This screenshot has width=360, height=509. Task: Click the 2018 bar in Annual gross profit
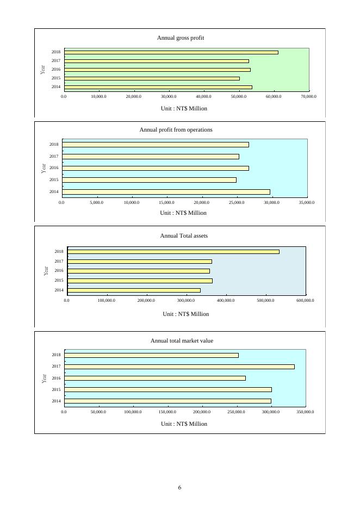(171, 52)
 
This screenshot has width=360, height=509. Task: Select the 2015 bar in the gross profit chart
(152, 78)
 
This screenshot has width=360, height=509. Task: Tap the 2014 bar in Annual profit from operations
(166, 191)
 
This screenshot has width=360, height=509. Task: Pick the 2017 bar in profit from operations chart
(151, 157)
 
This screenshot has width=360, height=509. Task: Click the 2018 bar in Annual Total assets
(173, 251)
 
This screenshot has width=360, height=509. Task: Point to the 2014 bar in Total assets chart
(134, 290)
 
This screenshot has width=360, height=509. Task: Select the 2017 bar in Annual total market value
(179, 367)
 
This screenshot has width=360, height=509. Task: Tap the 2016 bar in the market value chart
(155, 378)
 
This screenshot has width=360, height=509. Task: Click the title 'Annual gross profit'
(180, 38)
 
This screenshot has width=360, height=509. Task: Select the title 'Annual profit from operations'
(176, 130)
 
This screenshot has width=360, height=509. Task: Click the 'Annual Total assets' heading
(184, 236)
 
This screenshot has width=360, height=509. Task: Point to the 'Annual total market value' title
(182, 341)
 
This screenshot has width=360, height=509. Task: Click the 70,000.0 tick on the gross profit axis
(308, 96)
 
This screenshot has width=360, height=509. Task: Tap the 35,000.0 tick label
(307, 202)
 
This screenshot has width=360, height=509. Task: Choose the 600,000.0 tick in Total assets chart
(306, 300)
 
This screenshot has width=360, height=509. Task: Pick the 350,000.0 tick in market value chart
(306, 412)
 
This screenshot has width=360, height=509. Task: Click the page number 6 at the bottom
(179, 487)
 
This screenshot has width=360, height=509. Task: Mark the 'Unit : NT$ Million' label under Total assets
(185, 314)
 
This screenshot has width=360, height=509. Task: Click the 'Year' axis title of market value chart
(43, 378)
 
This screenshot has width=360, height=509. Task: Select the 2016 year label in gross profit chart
(56, 70)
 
